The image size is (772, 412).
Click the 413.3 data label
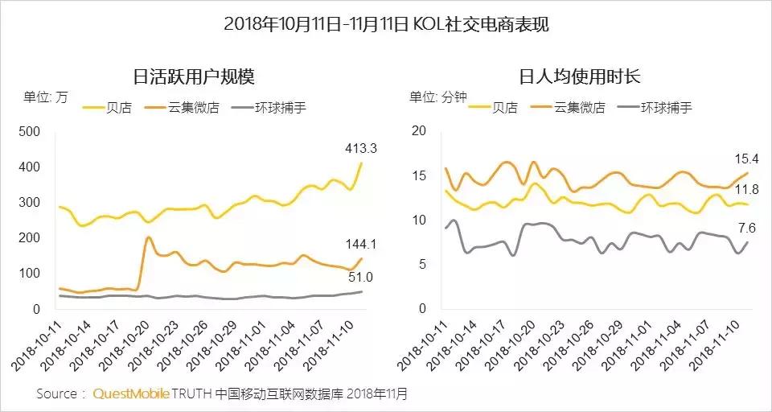pos(350,148)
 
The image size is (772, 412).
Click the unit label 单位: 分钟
pos(438,97)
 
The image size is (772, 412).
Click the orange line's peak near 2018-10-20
pos(149,237)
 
